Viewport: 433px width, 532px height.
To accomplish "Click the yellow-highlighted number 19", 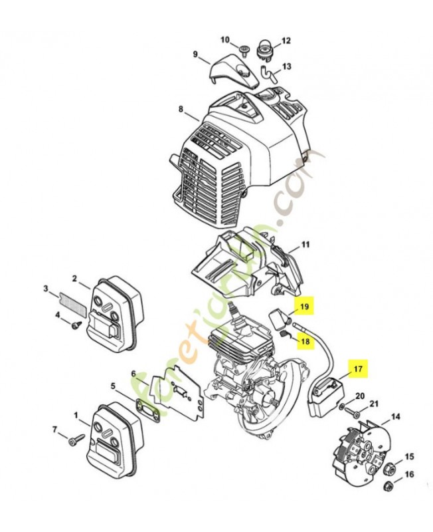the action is tap(305, 307).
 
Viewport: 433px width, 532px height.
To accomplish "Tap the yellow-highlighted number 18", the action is tap(305, 340).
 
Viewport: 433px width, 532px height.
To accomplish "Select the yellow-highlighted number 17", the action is tap(358, 368).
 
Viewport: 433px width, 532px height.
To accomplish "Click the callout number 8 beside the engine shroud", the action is tap(181, 109).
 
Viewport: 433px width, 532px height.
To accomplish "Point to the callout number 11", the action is tap(305, 244).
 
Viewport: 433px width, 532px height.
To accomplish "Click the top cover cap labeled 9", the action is tap(233, 72).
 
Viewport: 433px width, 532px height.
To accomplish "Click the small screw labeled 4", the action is tap(76, 325).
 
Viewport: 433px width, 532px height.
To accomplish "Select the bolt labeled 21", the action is tap(353, 412).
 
